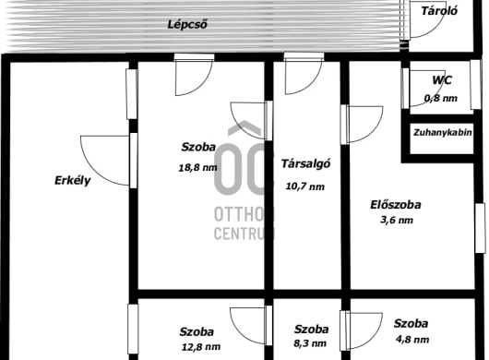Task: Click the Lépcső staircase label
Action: pos(187,24)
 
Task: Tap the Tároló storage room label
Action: pos(439,11)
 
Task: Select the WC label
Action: pos(442,80)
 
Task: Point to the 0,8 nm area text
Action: pos(441,98)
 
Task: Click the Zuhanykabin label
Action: pos(442,133)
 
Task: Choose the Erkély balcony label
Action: pos(73,181)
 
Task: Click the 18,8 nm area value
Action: pos(197,167)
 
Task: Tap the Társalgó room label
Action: pos(305,163)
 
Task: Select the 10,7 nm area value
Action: pos(305,186)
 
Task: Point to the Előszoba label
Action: pos(396,205)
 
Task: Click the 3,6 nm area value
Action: pos(397,220)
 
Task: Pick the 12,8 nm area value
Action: pos(201,346)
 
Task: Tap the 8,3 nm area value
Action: pos(310,343)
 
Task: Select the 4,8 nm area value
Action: pos(412,339)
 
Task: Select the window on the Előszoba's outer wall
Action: pos(480,228)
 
